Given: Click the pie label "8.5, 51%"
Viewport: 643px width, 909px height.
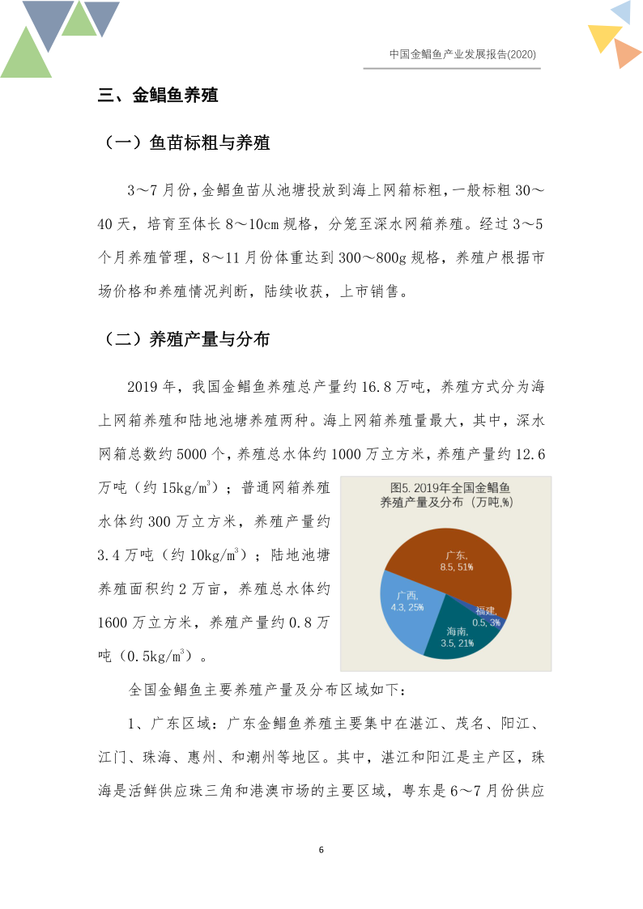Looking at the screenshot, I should tap(457, 567).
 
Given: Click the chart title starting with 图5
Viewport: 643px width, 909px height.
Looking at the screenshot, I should tap(446, 495).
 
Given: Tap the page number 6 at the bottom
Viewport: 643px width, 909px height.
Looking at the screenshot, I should tap(321, 850).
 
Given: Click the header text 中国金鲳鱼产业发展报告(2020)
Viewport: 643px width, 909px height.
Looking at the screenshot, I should tap(462, 54).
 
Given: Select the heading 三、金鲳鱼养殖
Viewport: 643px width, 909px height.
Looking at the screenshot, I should tap(158, 96).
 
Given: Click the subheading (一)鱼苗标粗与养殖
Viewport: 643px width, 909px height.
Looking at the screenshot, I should tap(187, 143).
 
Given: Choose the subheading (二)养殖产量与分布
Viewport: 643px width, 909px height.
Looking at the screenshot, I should tap(187, 339).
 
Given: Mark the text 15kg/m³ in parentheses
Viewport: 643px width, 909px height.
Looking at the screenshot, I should tap(188, 488).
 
